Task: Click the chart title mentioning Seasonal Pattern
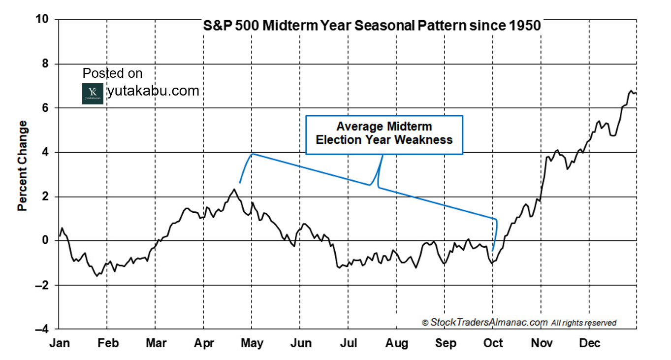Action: (372, 26)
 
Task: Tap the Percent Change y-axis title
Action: (23, 165)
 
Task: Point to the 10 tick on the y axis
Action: (42, 19)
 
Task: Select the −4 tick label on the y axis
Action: (42, 329)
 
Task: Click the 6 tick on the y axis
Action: (45, 108)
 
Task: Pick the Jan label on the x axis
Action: (59, 343)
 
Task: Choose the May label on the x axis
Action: (252, 343)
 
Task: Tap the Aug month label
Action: (396, 343)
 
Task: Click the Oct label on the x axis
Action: (493, 343)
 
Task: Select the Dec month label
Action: (589, 343)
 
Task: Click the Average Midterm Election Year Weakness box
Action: (384, 135)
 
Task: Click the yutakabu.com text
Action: (153, 91)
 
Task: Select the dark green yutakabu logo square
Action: (93, 94)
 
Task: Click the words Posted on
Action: (112, 73)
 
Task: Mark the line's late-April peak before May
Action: (234, 189)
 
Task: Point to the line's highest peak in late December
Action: (631, 91)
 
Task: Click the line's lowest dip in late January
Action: (96, 276)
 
